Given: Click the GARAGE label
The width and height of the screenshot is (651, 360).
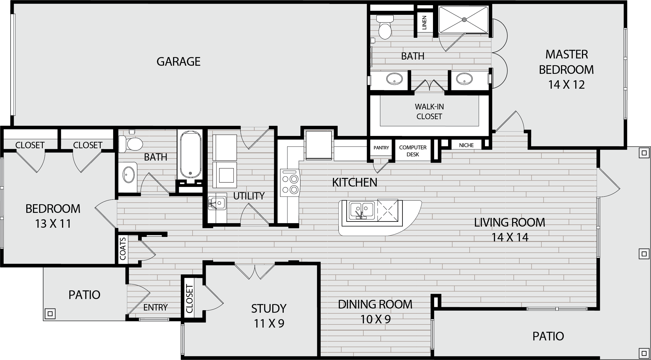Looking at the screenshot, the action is click(x=178, y=62).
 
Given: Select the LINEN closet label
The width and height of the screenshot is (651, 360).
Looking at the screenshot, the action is click(x=424, y=23).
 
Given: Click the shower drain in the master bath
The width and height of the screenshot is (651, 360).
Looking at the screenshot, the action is click(x=464, y=20).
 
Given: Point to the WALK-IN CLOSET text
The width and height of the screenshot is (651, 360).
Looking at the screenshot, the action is click(x=429, y=111).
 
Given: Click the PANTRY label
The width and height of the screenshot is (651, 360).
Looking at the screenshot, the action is click(x=381, y=148).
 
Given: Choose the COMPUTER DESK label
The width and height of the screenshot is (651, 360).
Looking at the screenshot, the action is click(x=413, y=151).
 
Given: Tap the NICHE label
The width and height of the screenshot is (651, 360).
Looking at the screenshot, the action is click(x=466, y=145).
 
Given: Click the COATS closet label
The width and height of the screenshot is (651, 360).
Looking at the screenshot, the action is click(x=123, y=248).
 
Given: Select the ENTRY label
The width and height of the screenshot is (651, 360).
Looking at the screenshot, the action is click(x=155, y=307).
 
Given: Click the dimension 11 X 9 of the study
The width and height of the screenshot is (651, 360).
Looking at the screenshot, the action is click(x=269, y=324).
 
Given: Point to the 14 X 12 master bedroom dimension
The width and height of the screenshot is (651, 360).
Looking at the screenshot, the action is click(x=566, y=84).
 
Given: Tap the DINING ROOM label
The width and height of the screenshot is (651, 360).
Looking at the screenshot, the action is click(x=375, y=304).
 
